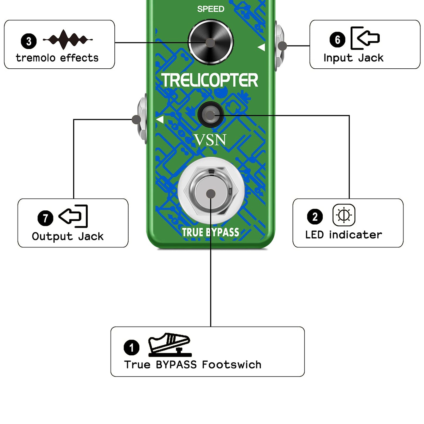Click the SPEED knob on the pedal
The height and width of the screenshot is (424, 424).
211,42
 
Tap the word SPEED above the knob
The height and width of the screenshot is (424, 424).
211,9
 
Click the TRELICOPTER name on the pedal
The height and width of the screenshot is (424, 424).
210,80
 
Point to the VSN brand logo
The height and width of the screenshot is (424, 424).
210,140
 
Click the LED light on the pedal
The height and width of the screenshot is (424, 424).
210,115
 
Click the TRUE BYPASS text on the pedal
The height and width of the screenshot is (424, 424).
210,232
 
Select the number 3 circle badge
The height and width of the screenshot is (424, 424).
29,41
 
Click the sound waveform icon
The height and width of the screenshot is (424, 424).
68,40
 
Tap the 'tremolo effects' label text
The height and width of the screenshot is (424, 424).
57,58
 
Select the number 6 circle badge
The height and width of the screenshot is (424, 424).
337,40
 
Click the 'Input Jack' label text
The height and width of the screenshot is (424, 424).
353,58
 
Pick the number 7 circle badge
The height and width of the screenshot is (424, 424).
45,218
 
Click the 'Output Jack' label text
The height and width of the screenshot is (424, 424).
68,237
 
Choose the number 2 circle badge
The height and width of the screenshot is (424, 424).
315,217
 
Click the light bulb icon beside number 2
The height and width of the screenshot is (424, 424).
344,215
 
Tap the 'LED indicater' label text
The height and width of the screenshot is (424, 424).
344,235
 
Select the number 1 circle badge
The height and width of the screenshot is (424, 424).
131,348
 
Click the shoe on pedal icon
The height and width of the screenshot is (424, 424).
170,345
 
